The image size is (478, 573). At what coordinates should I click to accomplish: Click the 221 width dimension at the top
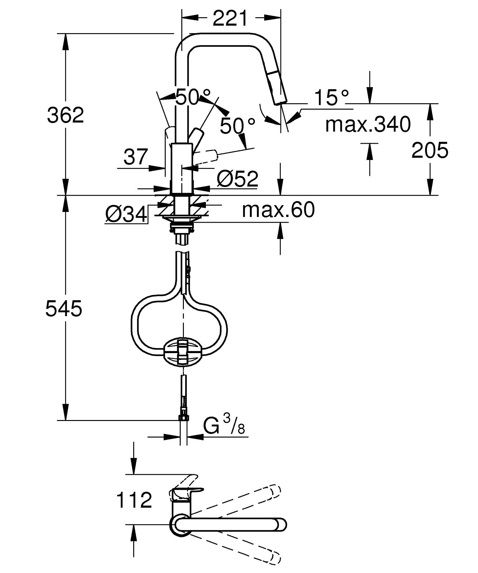pos(230,19)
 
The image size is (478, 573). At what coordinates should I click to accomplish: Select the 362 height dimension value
pos(65,115)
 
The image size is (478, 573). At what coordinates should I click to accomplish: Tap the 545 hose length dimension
pos(64,309)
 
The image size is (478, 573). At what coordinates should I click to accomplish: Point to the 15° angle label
pos(331,98)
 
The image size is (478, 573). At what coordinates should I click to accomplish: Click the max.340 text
pos(368,125)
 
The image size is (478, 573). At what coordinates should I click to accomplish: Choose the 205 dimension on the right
pos(430,151)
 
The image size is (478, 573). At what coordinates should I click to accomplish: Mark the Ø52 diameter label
pos(237,179)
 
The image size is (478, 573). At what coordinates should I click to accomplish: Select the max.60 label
pos(278,210)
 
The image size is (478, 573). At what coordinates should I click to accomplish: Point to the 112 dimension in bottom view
pos(134,500)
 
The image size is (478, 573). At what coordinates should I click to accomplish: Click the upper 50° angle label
pos(193,97)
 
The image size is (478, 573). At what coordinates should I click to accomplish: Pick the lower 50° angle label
pos(238,126)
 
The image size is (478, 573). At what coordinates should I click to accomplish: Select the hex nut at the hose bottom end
pos(183,417)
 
